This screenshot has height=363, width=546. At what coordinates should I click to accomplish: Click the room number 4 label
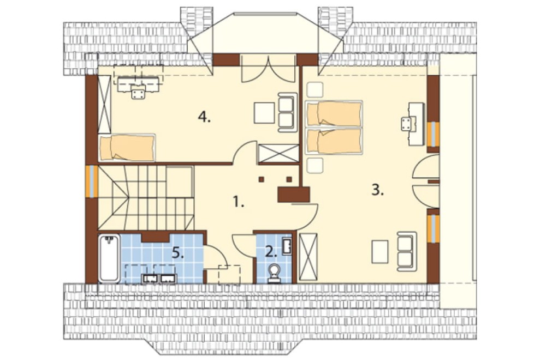204,117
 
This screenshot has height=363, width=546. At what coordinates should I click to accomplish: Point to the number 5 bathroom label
178,253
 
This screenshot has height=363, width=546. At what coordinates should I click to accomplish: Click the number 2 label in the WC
271,251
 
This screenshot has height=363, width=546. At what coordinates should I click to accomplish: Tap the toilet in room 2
275,273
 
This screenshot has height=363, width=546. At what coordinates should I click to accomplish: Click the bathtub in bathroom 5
109,258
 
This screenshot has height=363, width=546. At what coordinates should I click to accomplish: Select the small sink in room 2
287,245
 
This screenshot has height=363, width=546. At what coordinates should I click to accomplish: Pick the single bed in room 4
127,148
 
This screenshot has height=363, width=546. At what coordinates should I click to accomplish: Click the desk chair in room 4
138,93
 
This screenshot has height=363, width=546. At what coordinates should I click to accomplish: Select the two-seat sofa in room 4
287,112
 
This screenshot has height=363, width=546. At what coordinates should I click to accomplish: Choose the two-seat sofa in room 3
407,250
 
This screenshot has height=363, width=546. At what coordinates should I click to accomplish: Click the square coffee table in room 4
265,112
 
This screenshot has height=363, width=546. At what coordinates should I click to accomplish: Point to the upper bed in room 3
333,114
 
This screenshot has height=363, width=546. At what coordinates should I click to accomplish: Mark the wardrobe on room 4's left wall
104,104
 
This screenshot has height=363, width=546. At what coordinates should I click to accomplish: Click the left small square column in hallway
261,179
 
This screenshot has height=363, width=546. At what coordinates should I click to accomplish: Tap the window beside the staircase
92,181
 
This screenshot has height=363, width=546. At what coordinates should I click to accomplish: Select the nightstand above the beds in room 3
315,90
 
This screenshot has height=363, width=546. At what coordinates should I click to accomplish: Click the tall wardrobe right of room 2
308,257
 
